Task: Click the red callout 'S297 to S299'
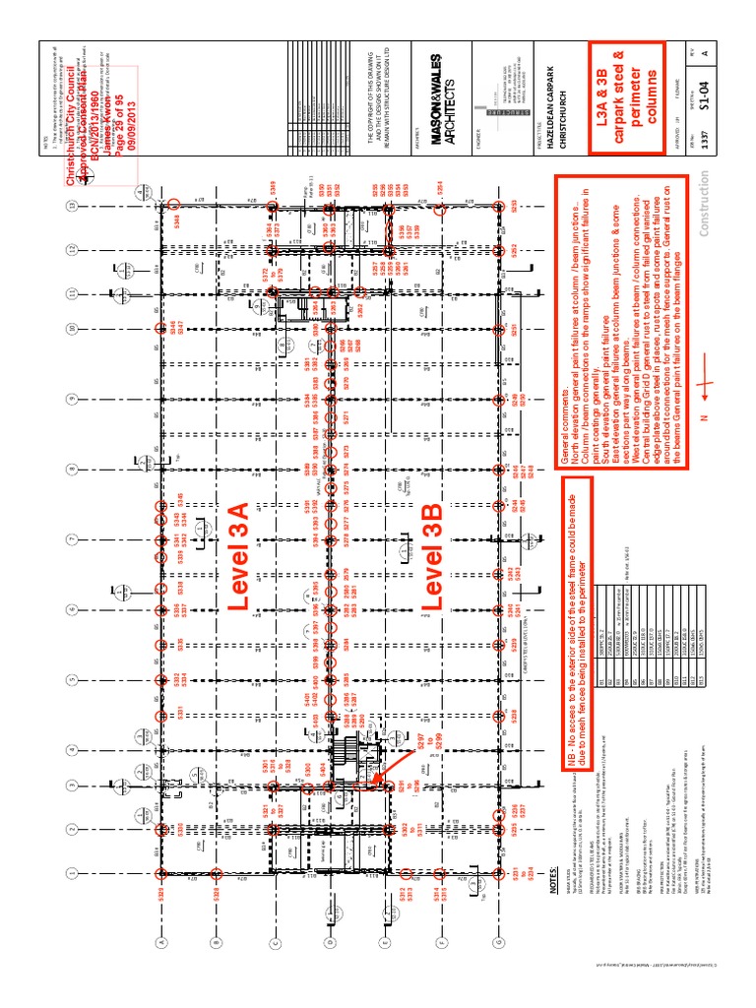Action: click(424, 751)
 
